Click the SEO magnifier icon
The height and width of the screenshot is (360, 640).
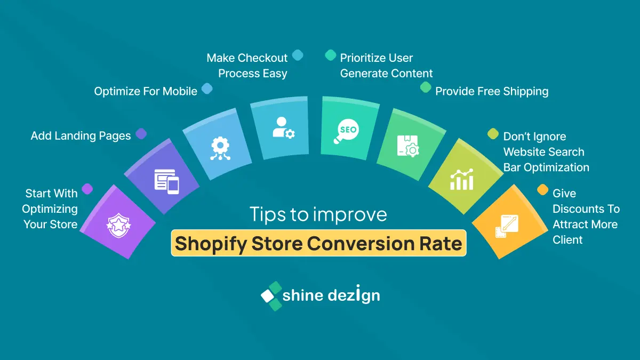[346, 131]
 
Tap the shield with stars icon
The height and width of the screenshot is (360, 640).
[118, 226]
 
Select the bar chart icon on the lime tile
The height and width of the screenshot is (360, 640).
[462, 179]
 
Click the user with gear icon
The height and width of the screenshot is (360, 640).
[283, 127]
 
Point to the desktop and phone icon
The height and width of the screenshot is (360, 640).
[166, 182]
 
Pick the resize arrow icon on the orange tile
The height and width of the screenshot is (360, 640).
[507, 226]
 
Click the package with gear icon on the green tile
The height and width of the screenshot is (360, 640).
[408, 146]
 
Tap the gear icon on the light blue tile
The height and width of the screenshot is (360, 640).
[220, 148]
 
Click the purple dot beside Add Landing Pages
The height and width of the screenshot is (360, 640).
[141, 134]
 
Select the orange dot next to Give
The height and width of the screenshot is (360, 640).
[542, 190]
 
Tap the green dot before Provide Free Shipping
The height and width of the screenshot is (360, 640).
[426, 87]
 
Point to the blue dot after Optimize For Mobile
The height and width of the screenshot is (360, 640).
[207, 89]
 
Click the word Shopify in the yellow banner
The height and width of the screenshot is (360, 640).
[211, 244]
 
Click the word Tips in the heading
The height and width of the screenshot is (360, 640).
[268, 214]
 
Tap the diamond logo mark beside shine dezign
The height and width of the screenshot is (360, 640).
[271, 296]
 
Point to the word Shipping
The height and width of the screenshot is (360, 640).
[526, 92]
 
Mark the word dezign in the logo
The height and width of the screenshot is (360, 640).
[354, 294]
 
